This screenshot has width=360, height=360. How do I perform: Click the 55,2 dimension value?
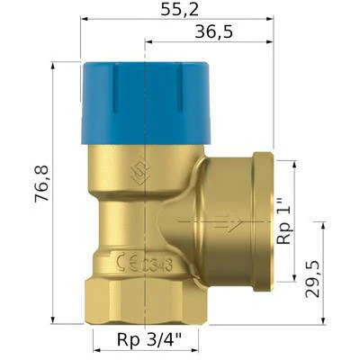coord(179,10)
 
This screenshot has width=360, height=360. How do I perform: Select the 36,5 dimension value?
coord(213,31)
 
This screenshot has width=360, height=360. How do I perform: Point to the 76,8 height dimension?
coord(41,184)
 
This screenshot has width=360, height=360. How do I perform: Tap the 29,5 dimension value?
coord(312,279)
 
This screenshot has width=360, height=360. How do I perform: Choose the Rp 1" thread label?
coord(284,220)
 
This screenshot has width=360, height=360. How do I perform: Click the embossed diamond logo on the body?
coord(140,174)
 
